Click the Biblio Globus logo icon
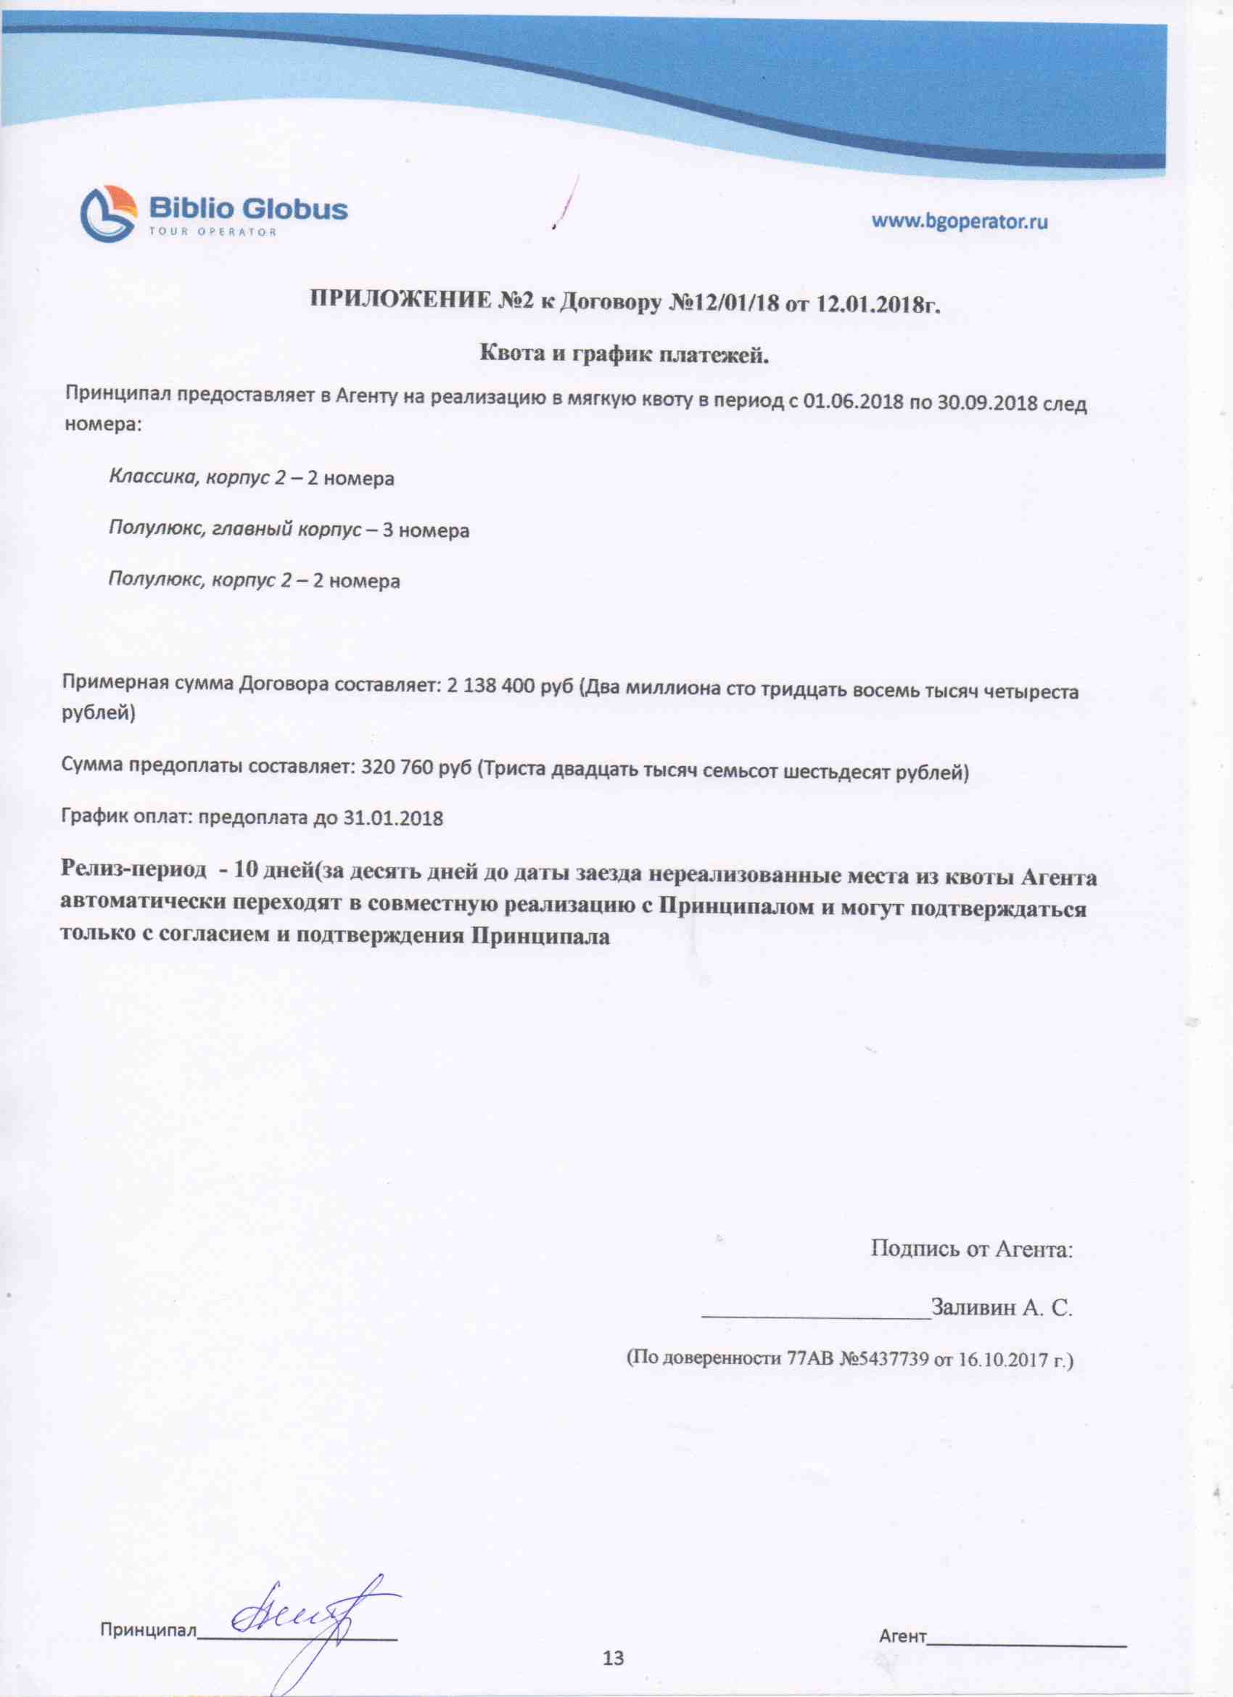[x=110, y=214]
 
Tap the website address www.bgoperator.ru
[x=959, y=221]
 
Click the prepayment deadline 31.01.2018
[x=394, y=818]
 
